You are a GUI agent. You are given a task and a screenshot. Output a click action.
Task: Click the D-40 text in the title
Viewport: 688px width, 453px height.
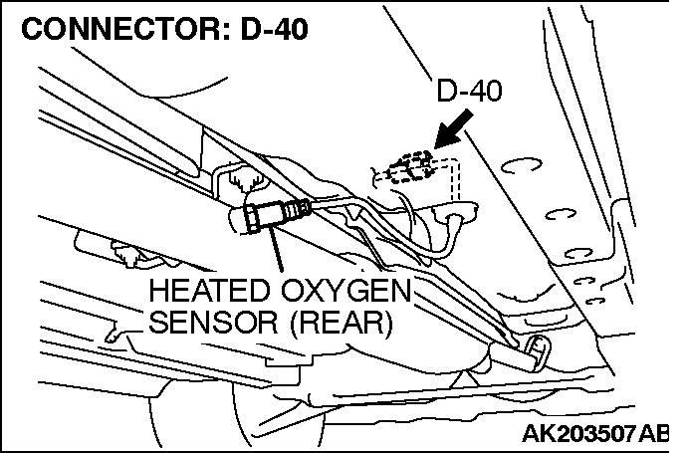pyautogui.click(x=272, y=28)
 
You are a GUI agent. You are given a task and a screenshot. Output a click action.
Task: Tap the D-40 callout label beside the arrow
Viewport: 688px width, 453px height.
pyautogui.click(x=469, y=93)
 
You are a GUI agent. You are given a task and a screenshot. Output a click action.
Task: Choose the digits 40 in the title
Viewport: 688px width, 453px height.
pyautogui.click(x=290, y=28)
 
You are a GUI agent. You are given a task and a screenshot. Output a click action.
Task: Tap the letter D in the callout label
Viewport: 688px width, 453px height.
pyautogui.click(x=446, y=93)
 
